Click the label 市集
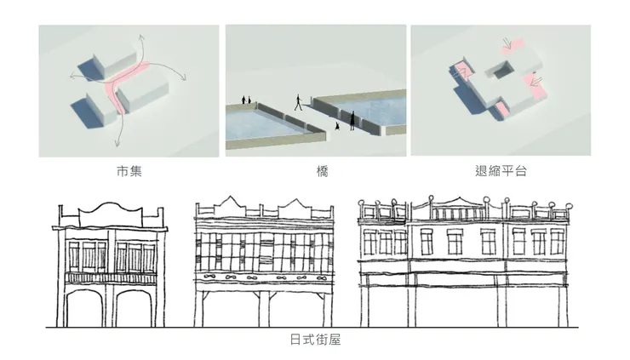[x=129, y=171]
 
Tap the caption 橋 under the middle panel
[x=322, y=172]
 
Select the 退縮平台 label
[x=501, y=171]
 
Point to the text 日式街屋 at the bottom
[x=315, y=340]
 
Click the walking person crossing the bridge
[x=298, y=102]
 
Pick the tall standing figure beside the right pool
[x=352, y=121]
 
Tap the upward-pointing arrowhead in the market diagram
[x=141, y=38]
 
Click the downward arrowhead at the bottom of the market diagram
[x=117, y=143]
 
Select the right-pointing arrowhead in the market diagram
[x=183, y=77]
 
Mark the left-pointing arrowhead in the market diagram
[x=72, y=76]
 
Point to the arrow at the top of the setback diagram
[x=507, y=43]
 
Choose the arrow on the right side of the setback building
[x=536, y=82]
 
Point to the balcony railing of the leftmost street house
[x=111, y=278]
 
